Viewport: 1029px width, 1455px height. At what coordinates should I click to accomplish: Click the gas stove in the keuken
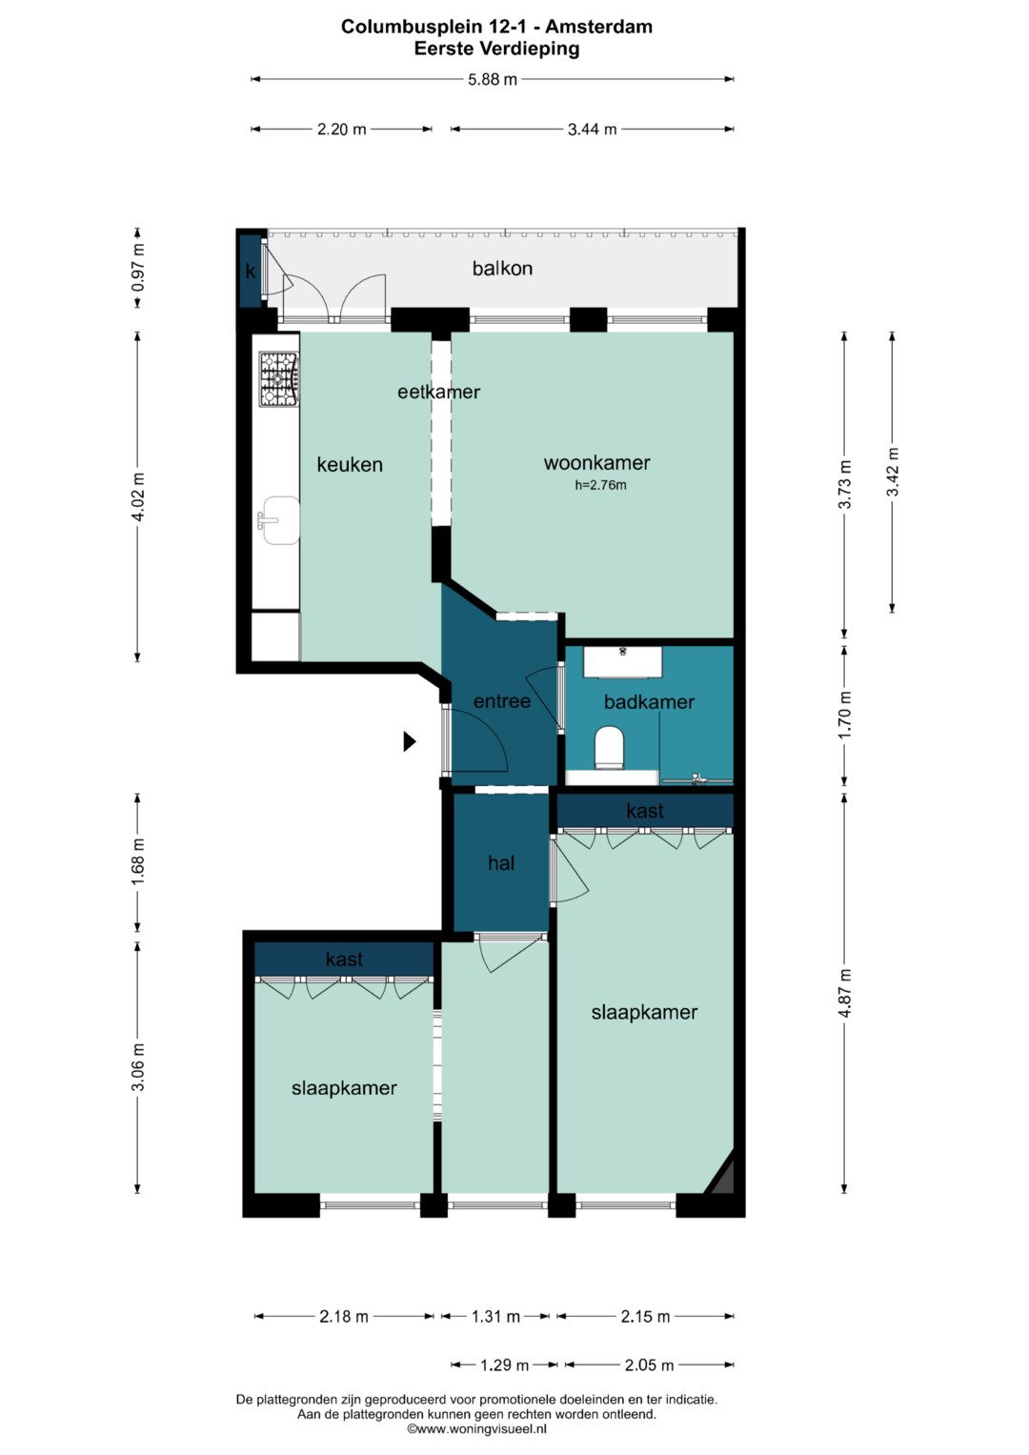click(x=279, y=378)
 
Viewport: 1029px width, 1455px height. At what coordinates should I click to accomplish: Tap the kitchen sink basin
click(x=281, y=519)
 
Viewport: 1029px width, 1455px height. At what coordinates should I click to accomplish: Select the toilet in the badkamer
click(x=610, y=748)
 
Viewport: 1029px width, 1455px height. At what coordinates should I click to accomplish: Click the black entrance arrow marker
click(x=410, y=741)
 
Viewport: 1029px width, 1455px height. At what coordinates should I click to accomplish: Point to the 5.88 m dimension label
click(x=493, y=79)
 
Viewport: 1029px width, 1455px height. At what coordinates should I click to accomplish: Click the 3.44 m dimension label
click(x=592, y=130)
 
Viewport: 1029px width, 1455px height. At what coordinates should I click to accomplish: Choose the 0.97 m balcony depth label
click(x=138, y=268)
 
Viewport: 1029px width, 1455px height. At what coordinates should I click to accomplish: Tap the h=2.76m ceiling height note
click(x=600, y=485)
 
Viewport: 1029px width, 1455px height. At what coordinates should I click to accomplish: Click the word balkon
click(x=502, y=269)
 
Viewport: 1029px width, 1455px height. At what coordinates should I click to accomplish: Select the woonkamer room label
click(x=596, y=462)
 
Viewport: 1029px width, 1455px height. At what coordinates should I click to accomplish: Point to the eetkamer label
click(x=438, y=392)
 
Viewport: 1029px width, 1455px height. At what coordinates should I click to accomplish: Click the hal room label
click(x=501, y=862)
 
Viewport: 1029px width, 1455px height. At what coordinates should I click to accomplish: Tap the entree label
click(x=501, y=701)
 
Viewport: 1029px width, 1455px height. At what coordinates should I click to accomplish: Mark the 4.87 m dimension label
click(x=845, y=993)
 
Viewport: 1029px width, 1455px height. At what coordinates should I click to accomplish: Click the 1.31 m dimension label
click(x=495, y=1317)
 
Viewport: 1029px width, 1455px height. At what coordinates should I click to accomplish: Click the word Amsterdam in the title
click(x=598, y=27)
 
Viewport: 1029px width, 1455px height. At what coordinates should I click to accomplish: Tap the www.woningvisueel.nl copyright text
click(x=476, y=1428)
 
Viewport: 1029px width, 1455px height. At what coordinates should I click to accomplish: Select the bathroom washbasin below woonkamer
click(x=623, y=661)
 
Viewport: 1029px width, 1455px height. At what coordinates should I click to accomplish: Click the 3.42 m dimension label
click(x=893, y=472)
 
